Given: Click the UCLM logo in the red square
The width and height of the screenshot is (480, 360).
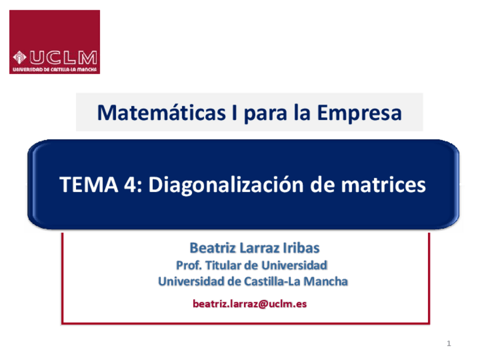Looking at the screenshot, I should point(54,42).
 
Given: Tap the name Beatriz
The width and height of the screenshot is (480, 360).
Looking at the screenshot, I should point(210,248).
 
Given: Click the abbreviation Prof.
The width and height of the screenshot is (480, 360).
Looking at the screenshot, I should point(189,265).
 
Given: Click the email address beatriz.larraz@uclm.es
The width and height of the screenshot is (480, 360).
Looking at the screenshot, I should point(250,304).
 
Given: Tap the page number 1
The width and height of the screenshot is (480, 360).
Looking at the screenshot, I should point(448,344).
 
